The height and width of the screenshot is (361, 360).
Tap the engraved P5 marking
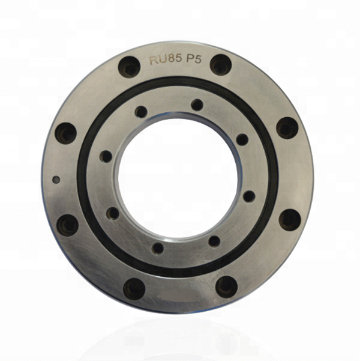pyautogui.click(x=193, y=59)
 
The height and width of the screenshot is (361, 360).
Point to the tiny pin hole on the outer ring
pyautogui.click(x=56, y=180)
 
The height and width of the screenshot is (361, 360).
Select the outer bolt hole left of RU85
pyautogui.click(x=129, y=67)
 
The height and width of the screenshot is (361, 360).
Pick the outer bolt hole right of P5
pyautogui.click(x=221, y=65)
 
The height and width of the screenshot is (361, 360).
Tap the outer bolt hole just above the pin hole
pyautogui.click(x=66, y=133)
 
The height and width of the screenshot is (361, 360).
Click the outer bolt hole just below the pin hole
pyautogui.click(x=67, y=225)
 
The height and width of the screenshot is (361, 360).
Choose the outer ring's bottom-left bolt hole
pyautogui.click(x=134, y=289)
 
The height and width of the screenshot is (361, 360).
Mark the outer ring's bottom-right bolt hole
pyautogui.click(x=227, y=287)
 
